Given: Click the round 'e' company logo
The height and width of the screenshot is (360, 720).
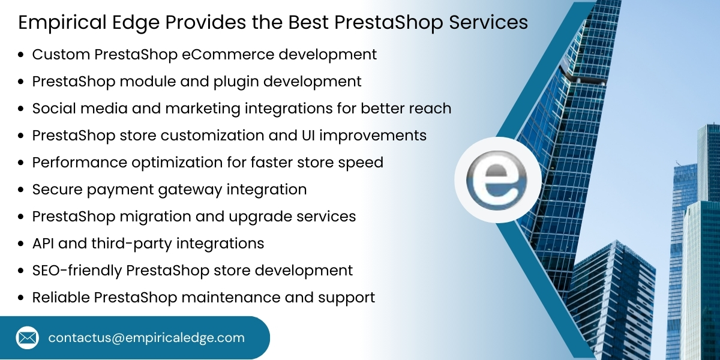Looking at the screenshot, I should [497, 180].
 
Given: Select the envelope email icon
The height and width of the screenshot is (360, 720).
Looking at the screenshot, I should [27, 338].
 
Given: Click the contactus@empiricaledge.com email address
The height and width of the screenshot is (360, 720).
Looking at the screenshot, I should [146, 338].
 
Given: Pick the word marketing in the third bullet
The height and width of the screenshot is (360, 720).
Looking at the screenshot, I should [201, 109].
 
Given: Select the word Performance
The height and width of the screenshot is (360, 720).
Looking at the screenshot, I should [73, 163].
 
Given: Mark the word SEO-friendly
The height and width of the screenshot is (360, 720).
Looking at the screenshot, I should [77, 271].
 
